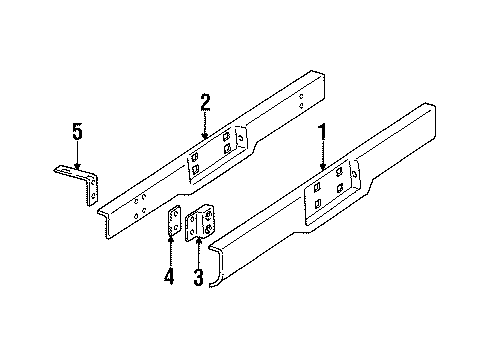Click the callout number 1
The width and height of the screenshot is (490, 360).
coord(322,131)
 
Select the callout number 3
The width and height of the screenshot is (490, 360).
coord(197,276)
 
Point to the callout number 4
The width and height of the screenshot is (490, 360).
coord(169,276)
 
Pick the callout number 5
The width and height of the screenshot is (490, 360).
coord(76,130)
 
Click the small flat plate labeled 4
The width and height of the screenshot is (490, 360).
coord(174,222)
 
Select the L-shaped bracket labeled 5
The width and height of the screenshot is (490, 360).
coord(82,185)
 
